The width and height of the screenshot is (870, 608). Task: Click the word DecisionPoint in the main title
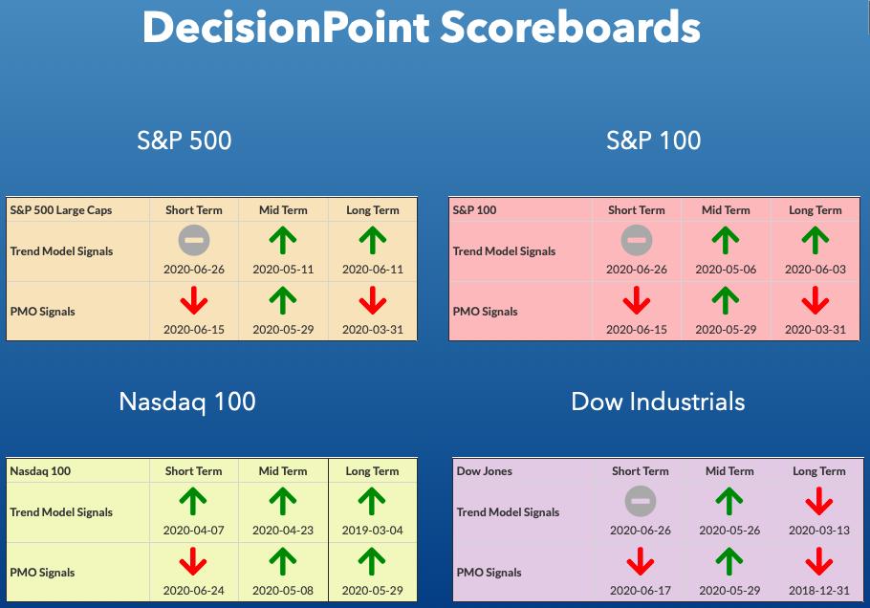pyautogui.click(x=286, y=28)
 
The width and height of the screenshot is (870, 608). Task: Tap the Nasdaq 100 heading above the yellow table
pyautogui.click(x=187, y=402)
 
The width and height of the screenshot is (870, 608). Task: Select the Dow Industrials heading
pyautogui.click(x=658, y=402)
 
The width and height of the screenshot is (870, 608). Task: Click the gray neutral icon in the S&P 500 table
pyautogui.click(x=194, y=240)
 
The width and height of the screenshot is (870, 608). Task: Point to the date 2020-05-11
pyautogui.click(x=283, y=269)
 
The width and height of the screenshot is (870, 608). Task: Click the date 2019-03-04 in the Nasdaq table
pyautogui.click(x=372, y=530)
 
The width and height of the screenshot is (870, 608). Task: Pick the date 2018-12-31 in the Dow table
pyautogui.click(x=819, y=590)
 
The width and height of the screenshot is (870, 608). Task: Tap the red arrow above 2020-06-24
pyautogui.click(x=193, y=561)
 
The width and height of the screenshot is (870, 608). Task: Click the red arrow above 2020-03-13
pyautogui.click(x=819, y=501)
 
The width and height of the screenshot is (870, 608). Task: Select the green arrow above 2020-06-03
pyautogui.click(x=816, y=241)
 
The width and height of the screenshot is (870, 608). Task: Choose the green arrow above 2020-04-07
pyautogui.click(x=193, y=501)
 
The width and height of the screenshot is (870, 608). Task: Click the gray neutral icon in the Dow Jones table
pyautogui.click(x=641, y=501)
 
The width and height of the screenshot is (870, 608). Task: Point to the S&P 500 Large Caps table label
pyautogui.click(x=61, y=210)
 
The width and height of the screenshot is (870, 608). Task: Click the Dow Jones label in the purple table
pyautogui.click(x=485, y=471)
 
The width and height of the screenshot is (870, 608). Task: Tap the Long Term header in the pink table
pyautogui.click(x=816, y=210)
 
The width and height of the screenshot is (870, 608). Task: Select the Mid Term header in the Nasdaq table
pyautogui.click(x=283, y=471)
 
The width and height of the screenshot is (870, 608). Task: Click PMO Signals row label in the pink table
pyautogui.click(x=485, y=312)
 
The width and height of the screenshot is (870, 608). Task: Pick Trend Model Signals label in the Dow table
pyautogui.click(x=508, y=512)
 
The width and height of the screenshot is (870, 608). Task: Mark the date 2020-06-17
pyautogui.click(x=641, y=590)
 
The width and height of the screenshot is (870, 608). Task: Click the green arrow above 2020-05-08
pyautogui.click(x=283, y=561)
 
